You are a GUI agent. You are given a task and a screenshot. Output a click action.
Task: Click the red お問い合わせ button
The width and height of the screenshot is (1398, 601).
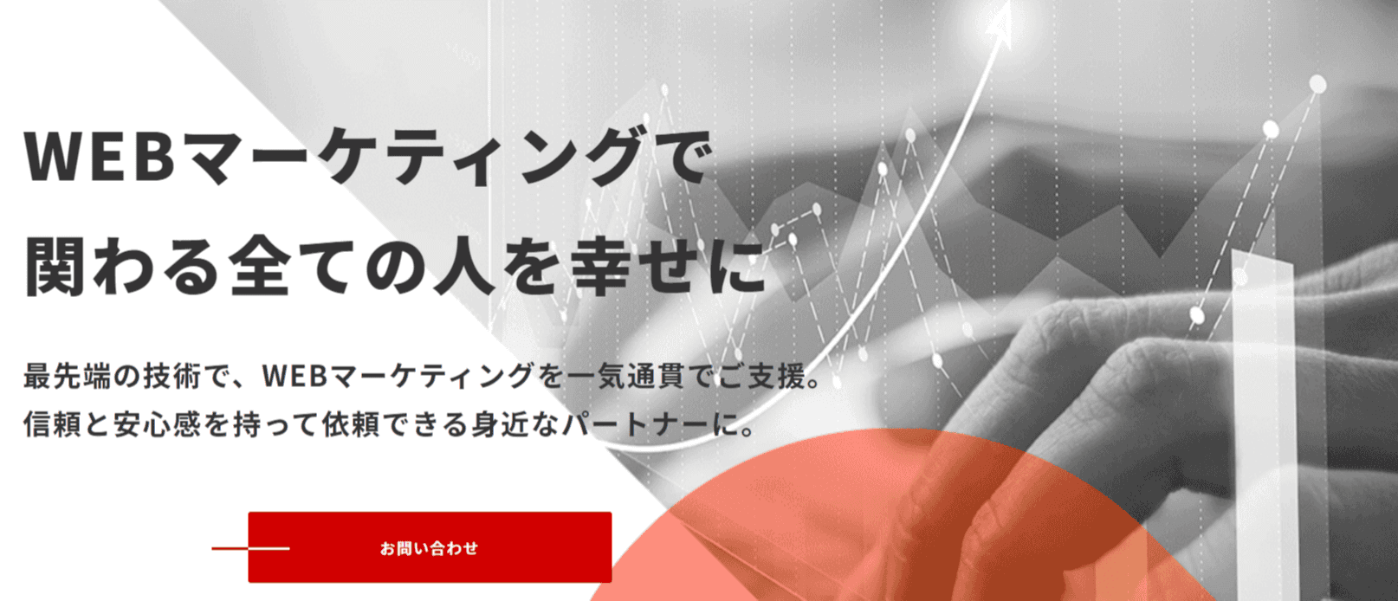(430, 547)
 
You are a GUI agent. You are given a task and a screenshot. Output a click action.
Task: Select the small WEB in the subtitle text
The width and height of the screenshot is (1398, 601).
(294, 376)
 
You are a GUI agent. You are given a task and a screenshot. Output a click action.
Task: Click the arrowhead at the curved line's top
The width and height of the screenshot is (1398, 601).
(1001, 22)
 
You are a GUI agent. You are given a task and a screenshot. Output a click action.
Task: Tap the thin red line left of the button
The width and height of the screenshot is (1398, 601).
(250, 548)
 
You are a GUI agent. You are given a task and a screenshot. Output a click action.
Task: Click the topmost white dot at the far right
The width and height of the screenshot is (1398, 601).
(1317, 84)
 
